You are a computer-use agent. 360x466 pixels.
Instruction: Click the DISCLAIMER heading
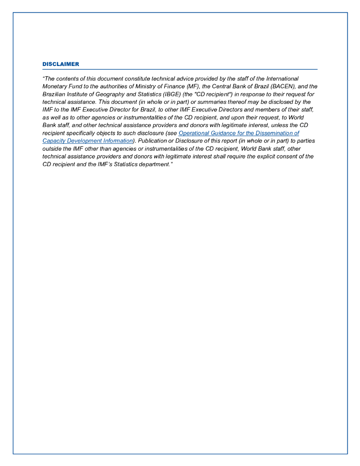[x=61, y=64]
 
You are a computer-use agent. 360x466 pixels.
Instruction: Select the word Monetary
[x=54, y=86]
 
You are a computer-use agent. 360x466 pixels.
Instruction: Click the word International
[x=282, y=79]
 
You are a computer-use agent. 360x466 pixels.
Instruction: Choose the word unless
[x=279, y=125]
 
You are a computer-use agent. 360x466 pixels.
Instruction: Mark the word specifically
[x=83, y=133]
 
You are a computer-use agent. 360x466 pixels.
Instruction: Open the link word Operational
[x=194, y=133]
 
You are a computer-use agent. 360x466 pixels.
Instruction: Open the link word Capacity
[x=53, y=141]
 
